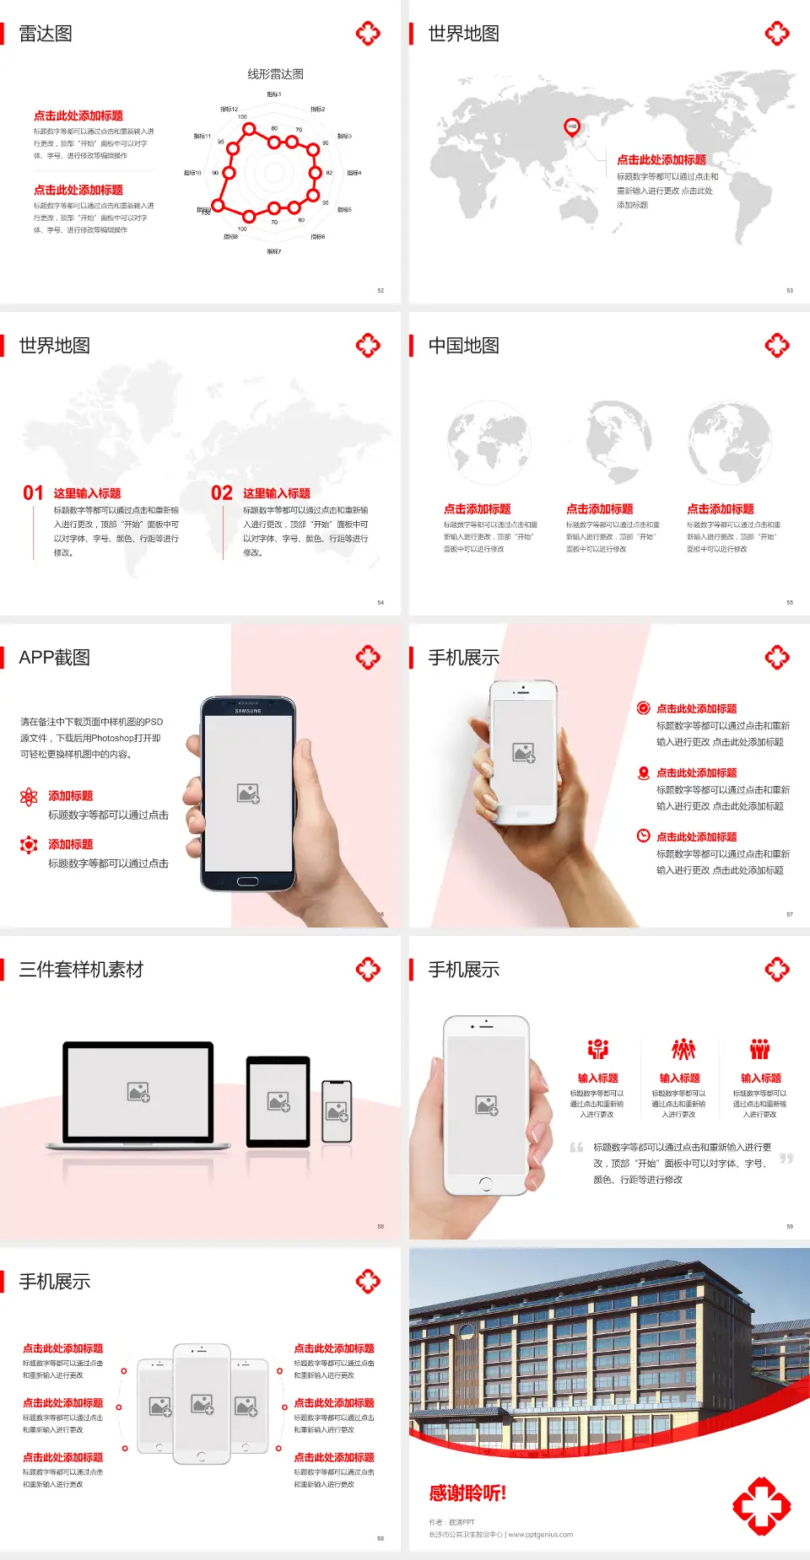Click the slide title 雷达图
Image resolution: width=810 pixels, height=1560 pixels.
[x=46, y=34]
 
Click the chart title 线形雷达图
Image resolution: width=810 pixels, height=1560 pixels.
[x=275, y=74]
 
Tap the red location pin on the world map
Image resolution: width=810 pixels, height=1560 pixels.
[x=571, y=127]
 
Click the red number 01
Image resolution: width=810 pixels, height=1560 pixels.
[x=33, y=493]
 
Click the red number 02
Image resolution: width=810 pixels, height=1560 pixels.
[x=222, y=493]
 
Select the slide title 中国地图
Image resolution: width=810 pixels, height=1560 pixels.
[x=463, y=346]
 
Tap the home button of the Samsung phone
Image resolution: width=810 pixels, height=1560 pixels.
[x=247, y=881]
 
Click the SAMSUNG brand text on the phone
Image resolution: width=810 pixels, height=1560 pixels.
[x=248, y=711]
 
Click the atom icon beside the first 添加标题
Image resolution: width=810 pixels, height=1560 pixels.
[x=29, y=797]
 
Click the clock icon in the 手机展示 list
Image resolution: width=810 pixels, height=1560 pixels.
[x=643, y=836]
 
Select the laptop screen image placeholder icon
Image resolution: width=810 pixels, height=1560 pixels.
[x=138, y=1092]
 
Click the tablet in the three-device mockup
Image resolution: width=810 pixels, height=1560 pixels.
[x=278, y=1100]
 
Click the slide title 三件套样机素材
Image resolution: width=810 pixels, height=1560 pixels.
[x=81, y=970]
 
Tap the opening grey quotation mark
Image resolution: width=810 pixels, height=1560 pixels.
[x=576, y=1148]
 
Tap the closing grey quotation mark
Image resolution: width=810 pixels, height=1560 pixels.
[x=786, y=1159]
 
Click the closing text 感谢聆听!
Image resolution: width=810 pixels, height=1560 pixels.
[x=467, y=1493]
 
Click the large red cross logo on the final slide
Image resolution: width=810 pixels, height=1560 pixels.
[x=761, y=1505]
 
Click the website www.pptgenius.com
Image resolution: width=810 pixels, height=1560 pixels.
[x=541, y=1535]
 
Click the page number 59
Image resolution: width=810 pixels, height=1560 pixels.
[x=790, y=1226]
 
